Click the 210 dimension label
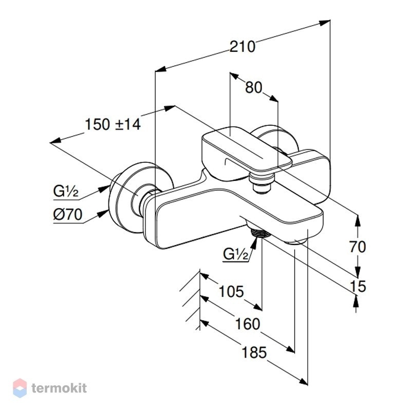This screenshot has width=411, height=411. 242,47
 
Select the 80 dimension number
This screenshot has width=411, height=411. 253,87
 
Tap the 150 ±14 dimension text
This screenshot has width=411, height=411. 113,124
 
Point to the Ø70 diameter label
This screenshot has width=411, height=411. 68,215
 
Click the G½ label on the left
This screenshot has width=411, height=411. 66,191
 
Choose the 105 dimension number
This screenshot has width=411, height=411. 231,291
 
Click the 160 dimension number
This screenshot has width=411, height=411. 248,324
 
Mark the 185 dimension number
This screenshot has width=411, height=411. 254,352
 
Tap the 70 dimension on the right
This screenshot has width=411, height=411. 358,247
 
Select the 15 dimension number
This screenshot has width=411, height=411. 358,286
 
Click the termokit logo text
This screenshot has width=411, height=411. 59,388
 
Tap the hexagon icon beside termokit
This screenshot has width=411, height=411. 20,388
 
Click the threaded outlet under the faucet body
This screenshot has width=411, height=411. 259,233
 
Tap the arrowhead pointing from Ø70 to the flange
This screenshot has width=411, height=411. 103,214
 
